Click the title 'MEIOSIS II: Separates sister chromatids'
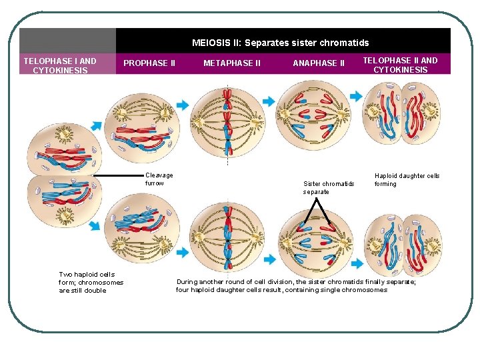point(280,43)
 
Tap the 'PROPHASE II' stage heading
point(149,63)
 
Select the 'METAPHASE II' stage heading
point(233,63)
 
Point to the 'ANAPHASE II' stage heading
point(319,63)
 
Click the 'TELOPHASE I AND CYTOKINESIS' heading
point(60,65)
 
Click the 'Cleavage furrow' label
point(159,179)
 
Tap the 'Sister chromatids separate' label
point(329,187)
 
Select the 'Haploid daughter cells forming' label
point(407,180)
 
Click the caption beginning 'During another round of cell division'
point(296,286)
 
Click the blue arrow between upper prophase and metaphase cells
point(182,105)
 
